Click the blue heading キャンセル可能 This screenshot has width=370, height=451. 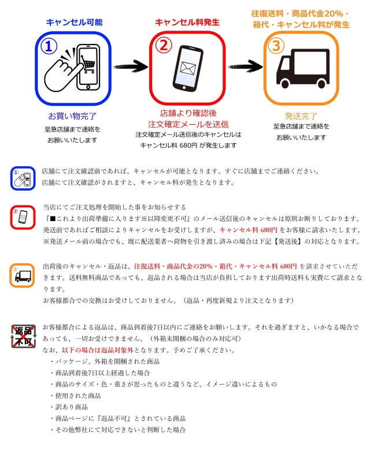pyautogui.click(x=74, y=23)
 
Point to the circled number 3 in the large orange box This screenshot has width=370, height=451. pyautogui.click(x=277, y=45)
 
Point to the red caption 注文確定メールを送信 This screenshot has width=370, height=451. pyautogui.click(x=188, y=124)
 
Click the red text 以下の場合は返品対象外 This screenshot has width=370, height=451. pyautogui.click(x=96, y=350)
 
